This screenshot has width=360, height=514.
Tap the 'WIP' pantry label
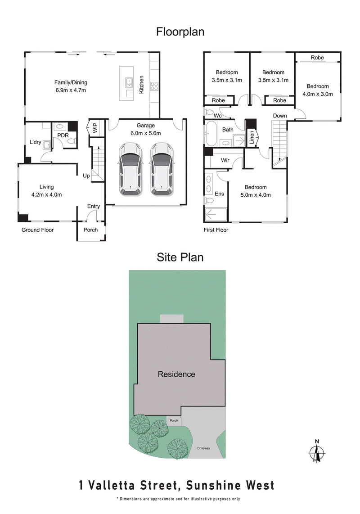tap(95, 127)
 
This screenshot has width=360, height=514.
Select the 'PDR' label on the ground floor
tap(62, 134)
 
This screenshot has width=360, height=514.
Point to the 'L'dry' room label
tap(36, 142)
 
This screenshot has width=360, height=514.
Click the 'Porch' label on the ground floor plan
tap(91, 230)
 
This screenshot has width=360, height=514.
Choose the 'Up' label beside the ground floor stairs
tap(86, 176)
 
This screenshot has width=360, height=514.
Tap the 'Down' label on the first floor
tap(280, 116)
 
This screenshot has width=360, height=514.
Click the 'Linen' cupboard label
tap(252, 136)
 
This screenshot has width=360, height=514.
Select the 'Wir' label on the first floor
tap(225, 160)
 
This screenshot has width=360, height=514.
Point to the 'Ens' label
tap(220, 194)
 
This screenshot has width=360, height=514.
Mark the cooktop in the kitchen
tap(155, 86)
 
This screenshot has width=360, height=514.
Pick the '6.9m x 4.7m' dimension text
tap(71, 90)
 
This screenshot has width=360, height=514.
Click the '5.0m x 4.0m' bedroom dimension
tap(256, 195)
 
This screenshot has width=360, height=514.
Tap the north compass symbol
tap(317, 451)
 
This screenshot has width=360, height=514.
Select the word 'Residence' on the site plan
tap(176, 374)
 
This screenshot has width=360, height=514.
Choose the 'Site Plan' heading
tap(180, 257)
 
